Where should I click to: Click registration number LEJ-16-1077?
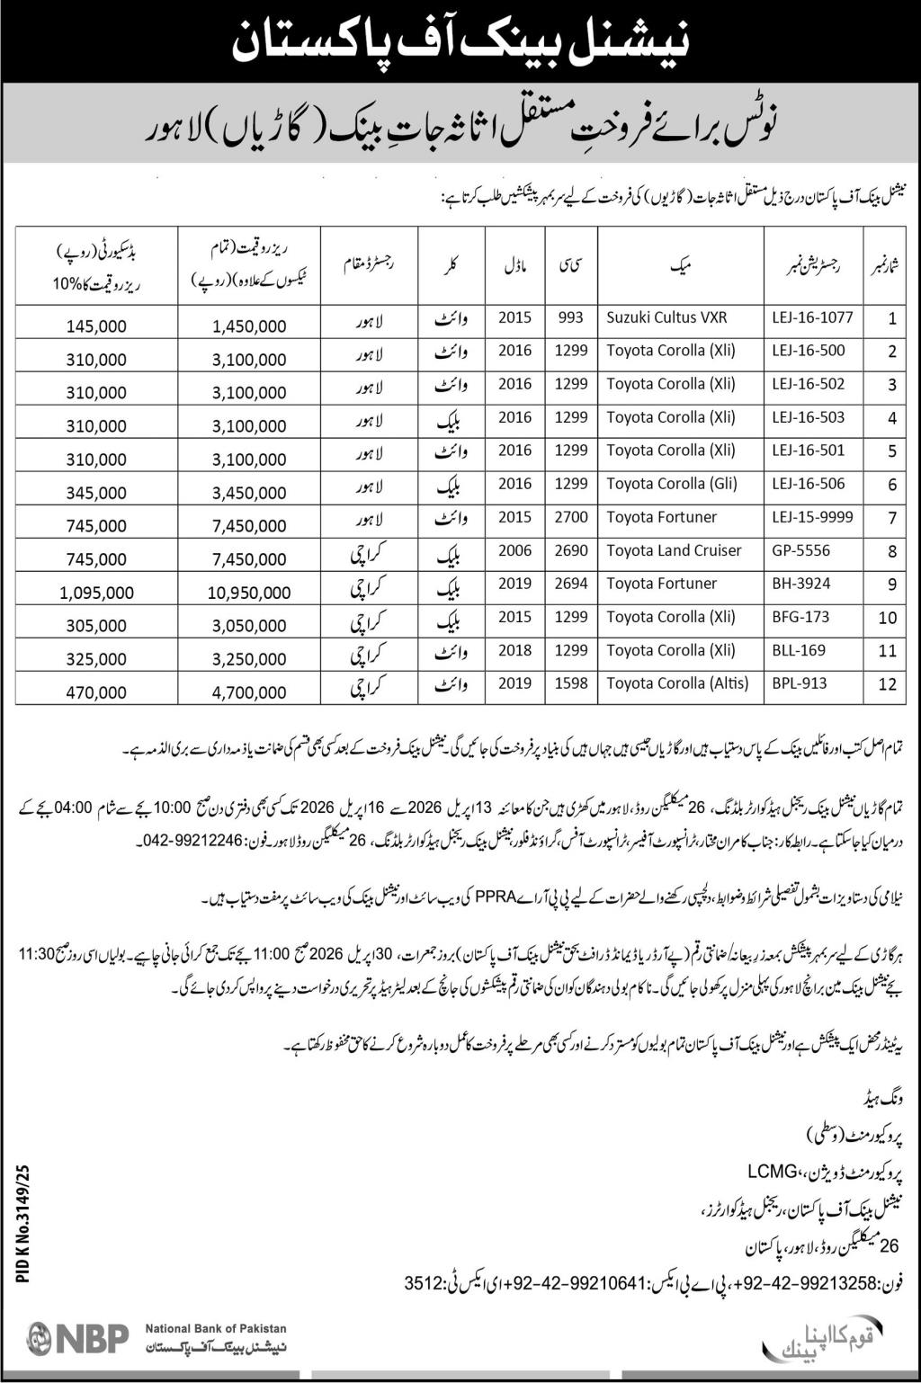pos(811,317)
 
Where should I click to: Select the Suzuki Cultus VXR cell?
pos(666,317)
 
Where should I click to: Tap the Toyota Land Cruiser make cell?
pos(674,550)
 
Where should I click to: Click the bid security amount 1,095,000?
pos(98,593)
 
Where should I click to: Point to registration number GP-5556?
pos(800,550)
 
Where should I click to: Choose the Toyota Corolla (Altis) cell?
pos(677,683)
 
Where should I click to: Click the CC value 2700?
pos(571,517)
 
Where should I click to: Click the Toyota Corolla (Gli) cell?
pos(672,484)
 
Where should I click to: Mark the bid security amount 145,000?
pos(96,326)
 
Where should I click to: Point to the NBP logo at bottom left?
pos(78,1337)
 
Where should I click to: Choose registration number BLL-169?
pos(799,650)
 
